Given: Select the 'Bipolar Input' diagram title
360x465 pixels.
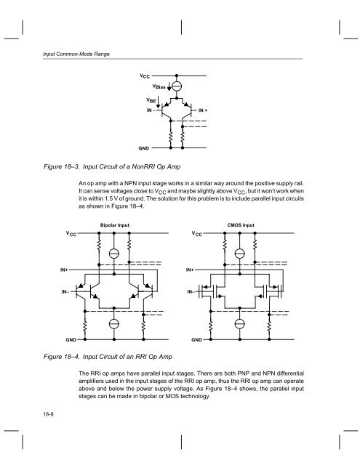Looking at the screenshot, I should point(114,225).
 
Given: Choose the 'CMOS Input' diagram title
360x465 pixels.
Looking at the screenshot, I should point(241,225).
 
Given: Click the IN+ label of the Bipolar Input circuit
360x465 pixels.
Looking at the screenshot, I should point(65,269).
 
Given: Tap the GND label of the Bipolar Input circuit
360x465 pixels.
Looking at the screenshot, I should point(71,339).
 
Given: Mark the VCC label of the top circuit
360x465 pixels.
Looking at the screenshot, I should point(146,74).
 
